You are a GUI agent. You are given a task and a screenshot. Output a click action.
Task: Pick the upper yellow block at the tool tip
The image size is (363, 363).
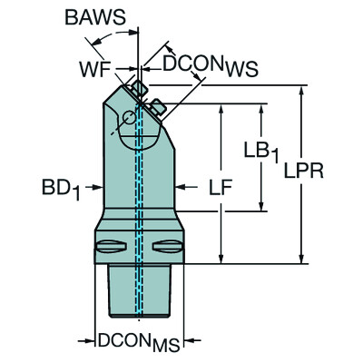(x=140, y=88)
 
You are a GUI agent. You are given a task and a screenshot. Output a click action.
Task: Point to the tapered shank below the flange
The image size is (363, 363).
(x=138, y=290)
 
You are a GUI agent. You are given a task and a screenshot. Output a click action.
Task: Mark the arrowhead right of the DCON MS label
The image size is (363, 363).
(x=178, y=341)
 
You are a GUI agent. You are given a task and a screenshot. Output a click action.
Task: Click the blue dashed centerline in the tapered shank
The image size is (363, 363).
(x=139, y=290)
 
